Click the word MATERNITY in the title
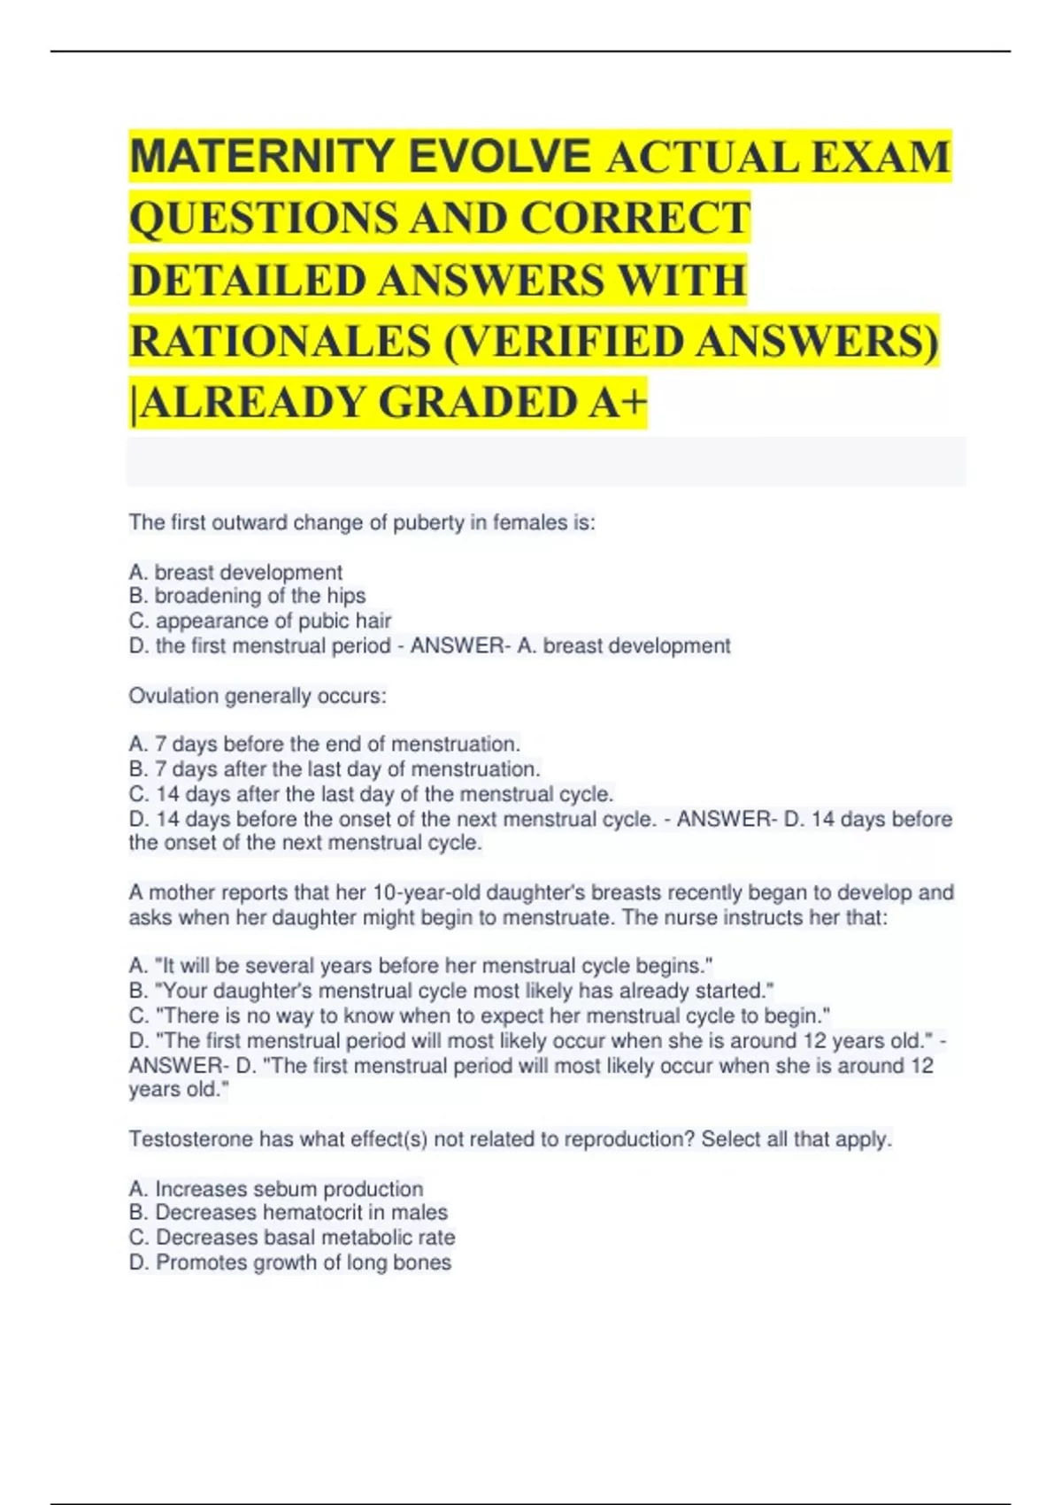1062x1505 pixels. point(261,157)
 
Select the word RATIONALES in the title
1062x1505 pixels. point(280,342)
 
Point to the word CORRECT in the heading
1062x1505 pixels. point(635,219)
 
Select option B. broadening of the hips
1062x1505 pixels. point(247,596)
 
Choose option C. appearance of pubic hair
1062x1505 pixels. point(259,621)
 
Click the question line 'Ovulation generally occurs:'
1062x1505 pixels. point(258,696)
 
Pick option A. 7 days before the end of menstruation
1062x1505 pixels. point(324,744)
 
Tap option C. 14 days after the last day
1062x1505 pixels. point(371,793)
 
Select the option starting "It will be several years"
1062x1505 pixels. point(420,965)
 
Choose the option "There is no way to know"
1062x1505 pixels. point(479,1015)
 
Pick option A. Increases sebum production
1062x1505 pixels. point(275,1188)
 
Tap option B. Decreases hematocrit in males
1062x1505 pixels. point(288,1212)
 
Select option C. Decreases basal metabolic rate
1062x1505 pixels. point(292,1237)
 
